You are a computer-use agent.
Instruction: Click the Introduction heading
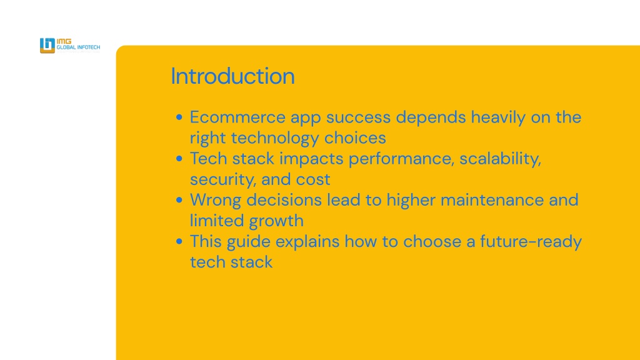click(232, 76)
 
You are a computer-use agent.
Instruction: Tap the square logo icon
click(47, 45)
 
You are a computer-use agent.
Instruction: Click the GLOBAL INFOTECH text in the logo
click(78, 47)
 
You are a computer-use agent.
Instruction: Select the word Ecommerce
click(237, 117)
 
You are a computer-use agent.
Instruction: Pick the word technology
click(275, 138)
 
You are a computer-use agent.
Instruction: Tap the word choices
click(355, 138)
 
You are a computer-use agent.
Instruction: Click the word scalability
click(501, 159)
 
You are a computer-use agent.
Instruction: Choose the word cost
click(313, 180)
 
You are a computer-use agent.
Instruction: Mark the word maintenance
click(492, 201)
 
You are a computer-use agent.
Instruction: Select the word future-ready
click(531, 242)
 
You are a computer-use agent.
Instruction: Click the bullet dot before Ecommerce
click(179, 117)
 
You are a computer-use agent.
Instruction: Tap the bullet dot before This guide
click(179, 242)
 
